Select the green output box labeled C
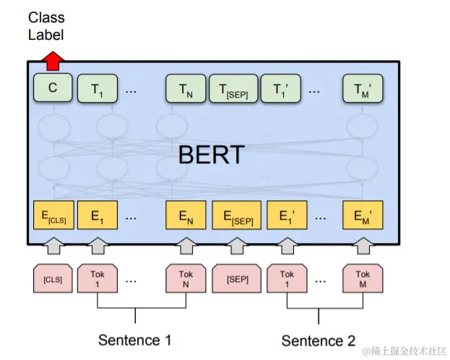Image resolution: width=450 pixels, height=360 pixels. coord(53,89)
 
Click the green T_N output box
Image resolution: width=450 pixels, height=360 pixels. coord(185,90)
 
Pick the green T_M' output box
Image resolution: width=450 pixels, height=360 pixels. coord(363,90)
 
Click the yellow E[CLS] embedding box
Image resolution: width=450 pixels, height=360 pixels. coord(53,215)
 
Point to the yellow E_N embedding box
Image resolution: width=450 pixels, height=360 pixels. coord(185,215)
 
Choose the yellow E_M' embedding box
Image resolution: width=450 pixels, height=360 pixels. coord(363,215)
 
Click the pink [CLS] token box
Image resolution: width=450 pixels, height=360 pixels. coord(53,279)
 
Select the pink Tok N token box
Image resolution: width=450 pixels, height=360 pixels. coord(185,279)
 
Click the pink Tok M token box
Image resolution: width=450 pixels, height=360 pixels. coord(363,279)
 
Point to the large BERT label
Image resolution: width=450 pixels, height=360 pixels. coord(211,155)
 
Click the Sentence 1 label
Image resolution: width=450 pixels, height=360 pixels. coord(135,340)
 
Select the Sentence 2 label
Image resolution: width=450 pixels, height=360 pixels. coord(319,340)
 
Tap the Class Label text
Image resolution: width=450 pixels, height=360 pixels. coord(46,25)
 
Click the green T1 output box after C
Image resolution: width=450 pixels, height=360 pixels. coord(97,90)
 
